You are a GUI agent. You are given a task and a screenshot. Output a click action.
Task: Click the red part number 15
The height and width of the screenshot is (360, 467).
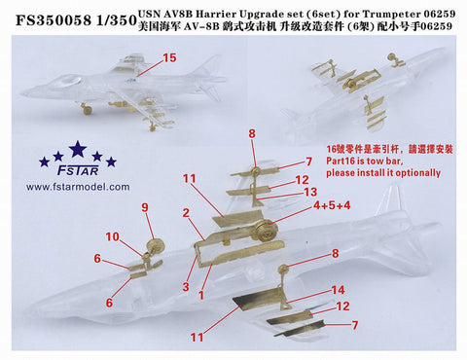click(170, 58)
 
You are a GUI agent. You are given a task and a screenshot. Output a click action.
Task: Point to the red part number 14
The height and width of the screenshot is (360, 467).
click(338, 289)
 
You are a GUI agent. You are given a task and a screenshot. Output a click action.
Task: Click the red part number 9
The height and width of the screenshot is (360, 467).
click(146, 207)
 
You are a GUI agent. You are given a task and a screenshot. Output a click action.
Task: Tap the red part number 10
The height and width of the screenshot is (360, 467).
click(113, 236)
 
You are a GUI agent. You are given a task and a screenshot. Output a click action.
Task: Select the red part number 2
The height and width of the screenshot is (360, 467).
click(184, 212)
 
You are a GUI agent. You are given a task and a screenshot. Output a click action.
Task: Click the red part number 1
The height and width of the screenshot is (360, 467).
click(201, 294)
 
